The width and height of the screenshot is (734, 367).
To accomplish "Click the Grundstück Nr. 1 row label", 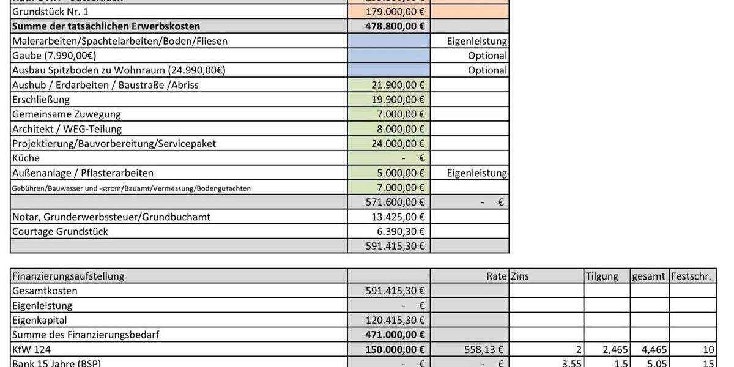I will [x=50, y=12].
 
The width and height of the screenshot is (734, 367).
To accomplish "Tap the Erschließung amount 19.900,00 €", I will [x=398, y=100].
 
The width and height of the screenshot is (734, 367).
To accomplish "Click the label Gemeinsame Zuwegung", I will [x=67, y=114].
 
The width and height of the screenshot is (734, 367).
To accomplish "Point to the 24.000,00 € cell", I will [x=398, y=144].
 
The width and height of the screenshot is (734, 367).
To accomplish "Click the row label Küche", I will [x=26, y=158].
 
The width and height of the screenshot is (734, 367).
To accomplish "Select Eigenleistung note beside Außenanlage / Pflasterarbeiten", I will [x=477, y=173].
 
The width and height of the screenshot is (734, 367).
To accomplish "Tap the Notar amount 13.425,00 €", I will [x=398, y=217].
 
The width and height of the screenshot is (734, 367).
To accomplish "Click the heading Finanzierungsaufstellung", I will [x=68, y=276].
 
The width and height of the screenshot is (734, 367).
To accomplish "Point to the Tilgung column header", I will [x=602, y=276].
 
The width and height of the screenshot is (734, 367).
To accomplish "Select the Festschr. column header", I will [x=691, y=276].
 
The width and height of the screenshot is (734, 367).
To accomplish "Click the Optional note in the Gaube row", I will [x=487, y=56].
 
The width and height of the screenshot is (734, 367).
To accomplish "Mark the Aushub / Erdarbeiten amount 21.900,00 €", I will [x=398, y=85].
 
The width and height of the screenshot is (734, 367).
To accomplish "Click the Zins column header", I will [x=520, y=276].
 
